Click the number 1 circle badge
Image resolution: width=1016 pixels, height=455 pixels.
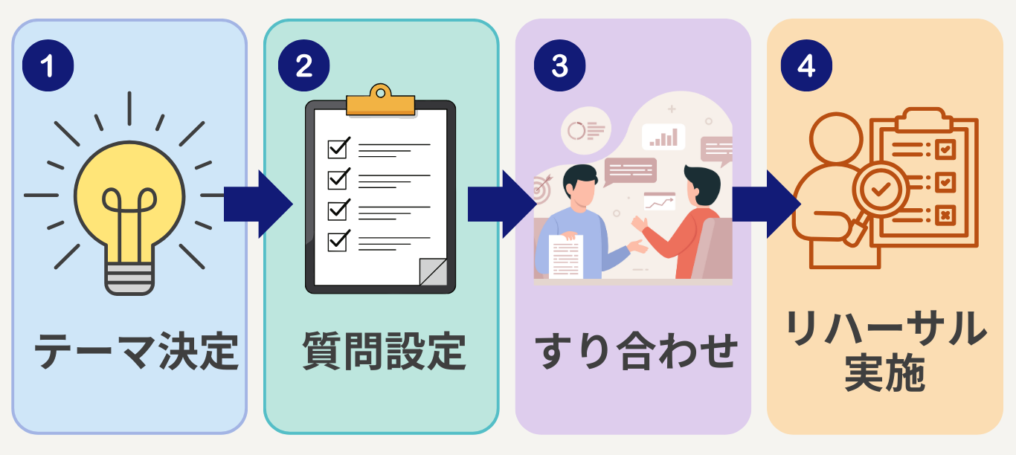pyautogui.click(x=48, y=66)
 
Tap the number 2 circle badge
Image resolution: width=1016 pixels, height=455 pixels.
pyautogui.click(x=303, y=66)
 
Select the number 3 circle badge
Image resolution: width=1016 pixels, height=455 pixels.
pyautogui.click(x=559, y=66)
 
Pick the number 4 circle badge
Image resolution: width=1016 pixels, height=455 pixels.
pyautogui.click(x=806, y=66)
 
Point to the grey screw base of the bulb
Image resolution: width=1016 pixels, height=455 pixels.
pyautogui.click(x=129, y=276)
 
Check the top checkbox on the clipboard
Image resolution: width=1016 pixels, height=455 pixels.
pyautogui.click(x=338, y=148)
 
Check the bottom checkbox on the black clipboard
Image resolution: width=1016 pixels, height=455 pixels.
pyautogui.click(x=338, y=241)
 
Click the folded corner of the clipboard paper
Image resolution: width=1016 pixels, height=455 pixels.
pyautogui.click(x=433, y=272)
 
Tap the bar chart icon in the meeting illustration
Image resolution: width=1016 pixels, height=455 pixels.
pyautogui.click(x=663, y=137)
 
